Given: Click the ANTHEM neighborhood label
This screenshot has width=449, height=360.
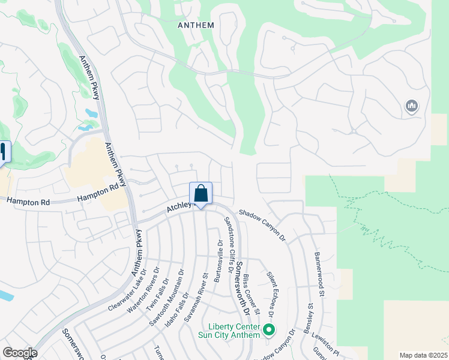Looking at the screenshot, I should [196, 25].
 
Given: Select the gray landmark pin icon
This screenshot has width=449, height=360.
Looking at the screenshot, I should [411, 107].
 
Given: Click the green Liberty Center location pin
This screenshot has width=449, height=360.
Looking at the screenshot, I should [270, 330].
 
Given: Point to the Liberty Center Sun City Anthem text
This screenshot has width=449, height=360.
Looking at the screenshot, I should [234, 331].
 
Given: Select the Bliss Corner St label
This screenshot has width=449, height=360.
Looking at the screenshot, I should [251, 295].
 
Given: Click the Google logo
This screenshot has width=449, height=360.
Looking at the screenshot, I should [20, 352].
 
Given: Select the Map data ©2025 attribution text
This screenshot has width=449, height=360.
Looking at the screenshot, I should [423, 355].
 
